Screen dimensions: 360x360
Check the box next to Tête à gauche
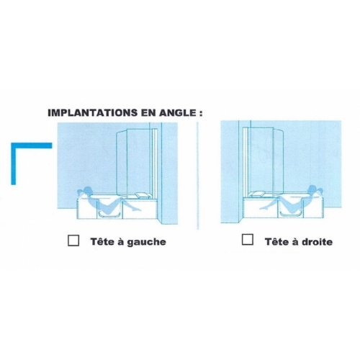click(73, 241)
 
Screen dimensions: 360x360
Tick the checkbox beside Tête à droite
click(248, 240)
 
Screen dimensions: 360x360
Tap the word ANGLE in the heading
click(179, 113)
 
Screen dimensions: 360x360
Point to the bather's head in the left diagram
click(86, 192)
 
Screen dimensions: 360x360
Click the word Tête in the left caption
click(102, 241)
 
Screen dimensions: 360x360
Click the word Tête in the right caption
click(276, 241)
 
